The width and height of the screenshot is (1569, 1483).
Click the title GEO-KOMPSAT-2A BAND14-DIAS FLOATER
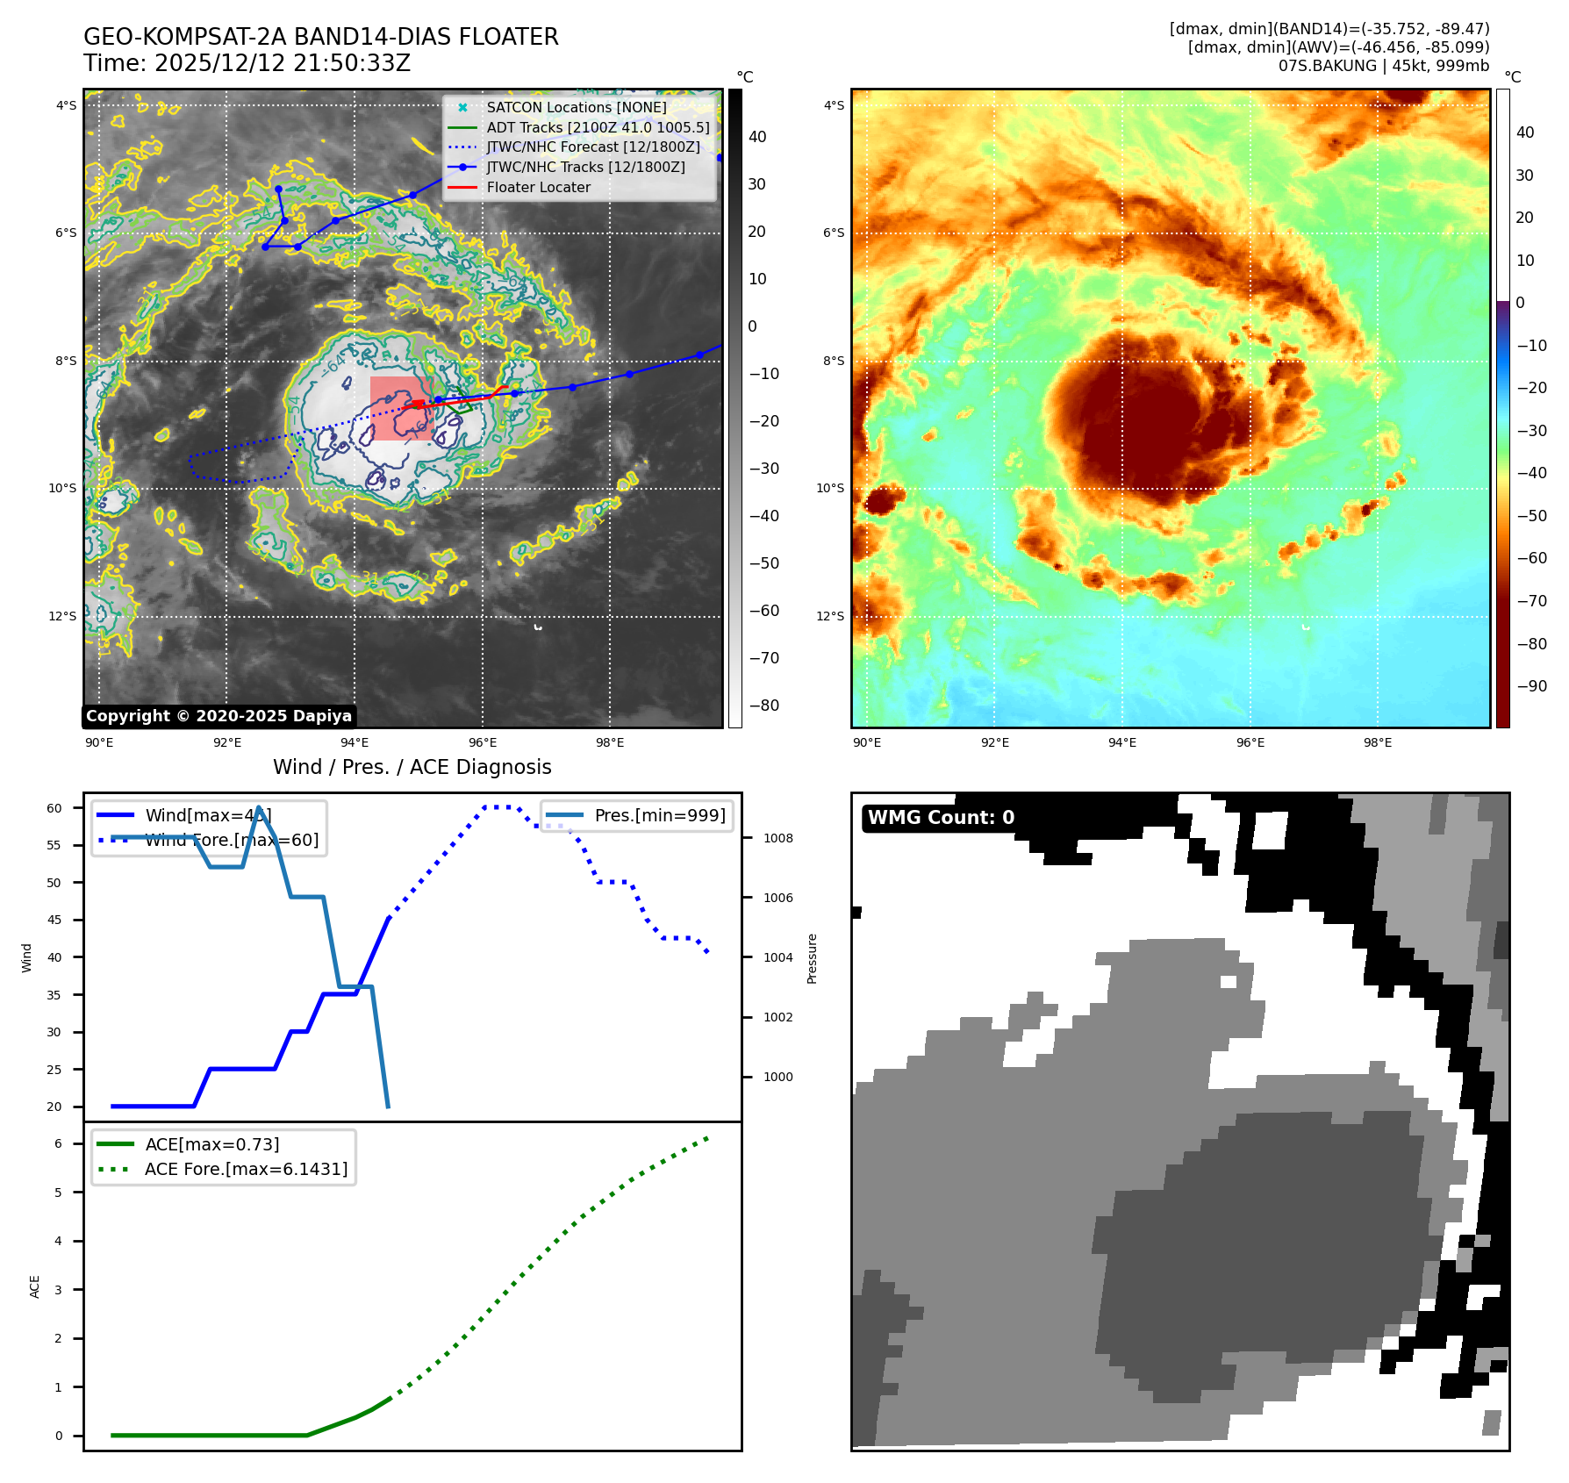(x=320, y=37)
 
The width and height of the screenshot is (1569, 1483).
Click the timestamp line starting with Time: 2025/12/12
(x=247, y=63)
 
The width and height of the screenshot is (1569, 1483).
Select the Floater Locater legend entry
(x=538, y=187)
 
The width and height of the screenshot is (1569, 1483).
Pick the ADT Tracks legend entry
(x=598, y=127)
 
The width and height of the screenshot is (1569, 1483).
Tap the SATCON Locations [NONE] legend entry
(x=576, y=107)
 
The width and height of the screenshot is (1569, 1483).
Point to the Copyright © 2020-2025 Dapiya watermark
(x=219, y=716)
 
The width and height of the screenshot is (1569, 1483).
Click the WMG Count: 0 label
(x=941, y=818)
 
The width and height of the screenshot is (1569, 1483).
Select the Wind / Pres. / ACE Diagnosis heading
(x=412, y=767)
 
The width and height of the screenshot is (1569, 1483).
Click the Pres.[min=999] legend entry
(x=659, y=815)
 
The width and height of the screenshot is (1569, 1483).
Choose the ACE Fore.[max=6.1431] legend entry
(x=246, y=1169)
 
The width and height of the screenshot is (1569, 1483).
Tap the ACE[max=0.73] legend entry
(x=211, y=1144)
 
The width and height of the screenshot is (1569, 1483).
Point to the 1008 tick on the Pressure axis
(x=777, y=838)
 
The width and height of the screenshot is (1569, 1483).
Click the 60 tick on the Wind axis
(x=54, y=808)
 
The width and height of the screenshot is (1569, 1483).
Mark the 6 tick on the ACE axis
(x=58, y=1143)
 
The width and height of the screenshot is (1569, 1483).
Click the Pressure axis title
(x=812, y=958)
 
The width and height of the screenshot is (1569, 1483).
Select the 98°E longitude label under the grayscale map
(x=610, y=742)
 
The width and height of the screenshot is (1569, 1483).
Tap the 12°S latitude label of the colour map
(x=830, y=616)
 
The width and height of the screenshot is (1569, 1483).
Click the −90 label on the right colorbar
(x=1532, y=686)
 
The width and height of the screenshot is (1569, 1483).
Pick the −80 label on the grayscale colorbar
(x=763, y=706)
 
